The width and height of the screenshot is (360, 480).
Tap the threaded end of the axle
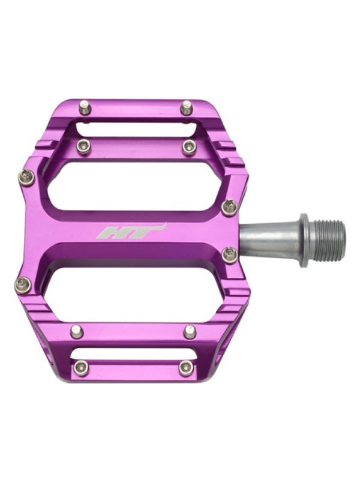pos(329,239)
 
